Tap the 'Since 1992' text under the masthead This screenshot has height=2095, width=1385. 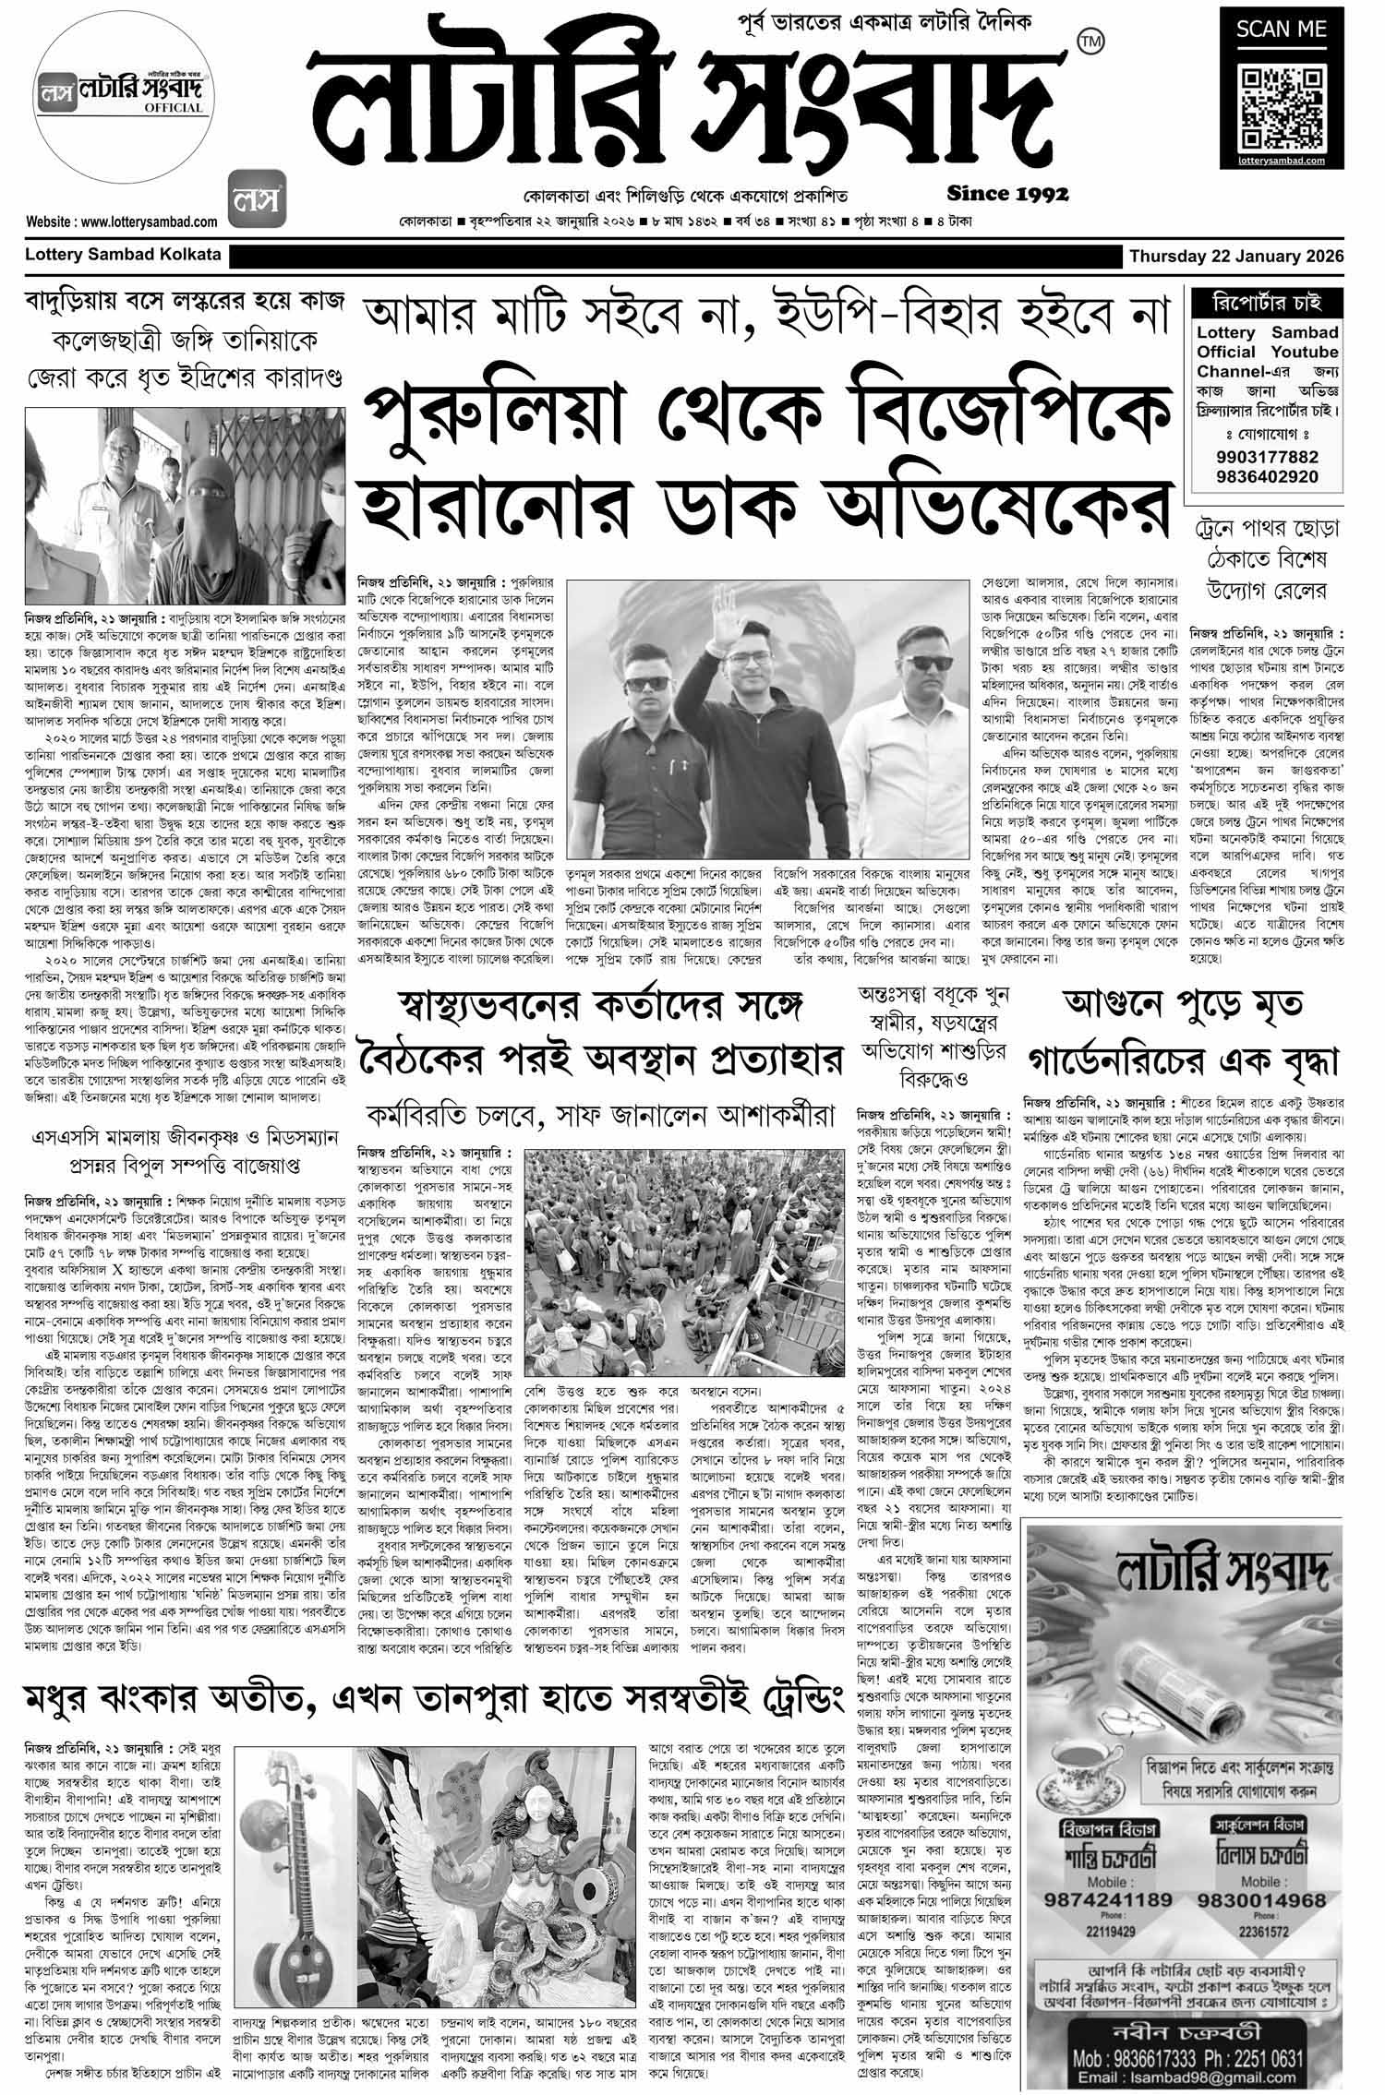coord(1007,194)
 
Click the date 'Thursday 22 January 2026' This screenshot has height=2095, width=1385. coord(1235,256)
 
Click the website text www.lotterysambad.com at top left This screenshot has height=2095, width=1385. coord(122,221)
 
